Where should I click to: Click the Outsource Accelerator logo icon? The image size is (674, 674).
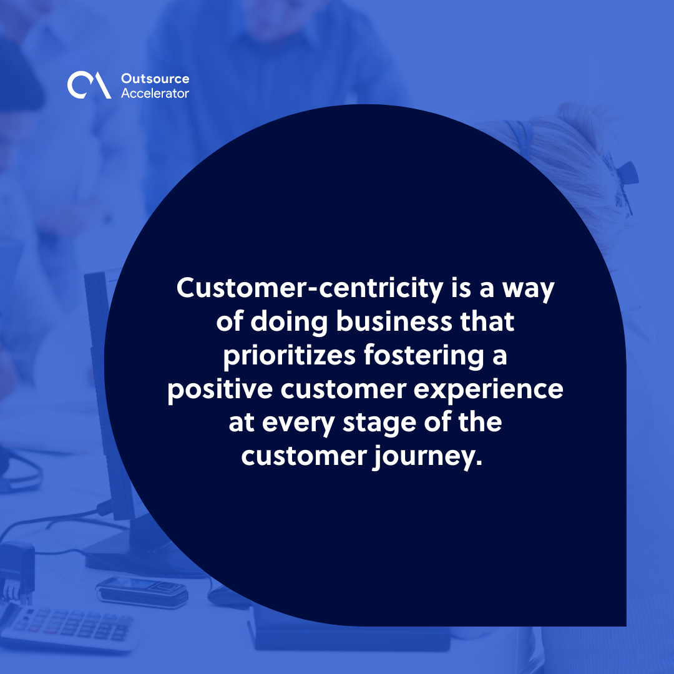[x=89, y=85]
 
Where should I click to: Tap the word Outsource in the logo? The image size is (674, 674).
[x=155, y=79]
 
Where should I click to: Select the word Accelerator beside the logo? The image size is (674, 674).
[x=155, y=93]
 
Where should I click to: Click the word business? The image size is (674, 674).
[x=393, y=323]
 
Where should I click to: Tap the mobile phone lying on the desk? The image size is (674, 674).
[x=142, y=590]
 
